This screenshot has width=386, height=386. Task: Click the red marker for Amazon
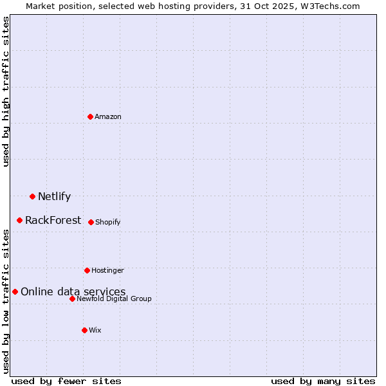pyautogui.click(x=91, y=116)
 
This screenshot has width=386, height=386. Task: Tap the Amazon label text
pyautogui.click(x=108, y=116)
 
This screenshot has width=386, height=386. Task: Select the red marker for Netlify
pyautogui.click(x=32, y=196)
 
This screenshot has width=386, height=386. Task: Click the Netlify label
pyautogui.click(x=54, y=197)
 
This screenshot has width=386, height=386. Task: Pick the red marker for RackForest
pyautogui.click(x=20, y=220)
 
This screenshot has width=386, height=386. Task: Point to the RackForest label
pyautogui.click(x=53, y=221)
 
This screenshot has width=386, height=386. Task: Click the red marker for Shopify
pyautogui.click(x=91, y=222)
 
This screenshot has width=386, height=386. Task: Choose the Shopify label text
pyautogui.click(x=107, y=222)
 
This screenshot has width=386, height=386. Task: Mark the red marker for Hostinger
pyautogui.click(x=87, y=270)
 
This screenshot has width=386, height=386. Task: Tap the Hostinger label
pyautogui.click(x=107, y=270)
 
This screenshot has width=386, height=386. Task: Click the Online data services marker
pyautogui.click(x=15, y=291)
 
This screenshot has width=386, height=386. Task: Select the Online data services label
pyautogui.click(x=73, y=292)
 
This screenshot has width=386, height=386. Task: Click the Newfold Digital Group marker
pyautogui.click(x=72, y=299)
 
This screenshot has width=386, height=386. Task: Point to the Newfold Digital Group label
pyautogui.click(x=114, y=299)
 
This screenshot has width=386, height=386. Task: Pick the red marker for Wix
pyautogui.click(x=84, y=330)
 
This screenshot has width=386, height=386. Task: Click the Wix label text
pyautogui.click(x=95, y=330)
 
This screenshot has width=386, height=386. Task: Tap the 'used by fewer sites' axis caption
pyautogui.click(x=66, y=381)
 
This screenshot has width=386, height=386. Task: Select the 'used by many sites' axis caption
pyautogui.click(x=323, y=381)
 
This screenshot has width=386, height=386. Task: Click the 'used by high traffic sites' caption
pyautogui.click(x=6, y=91)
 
